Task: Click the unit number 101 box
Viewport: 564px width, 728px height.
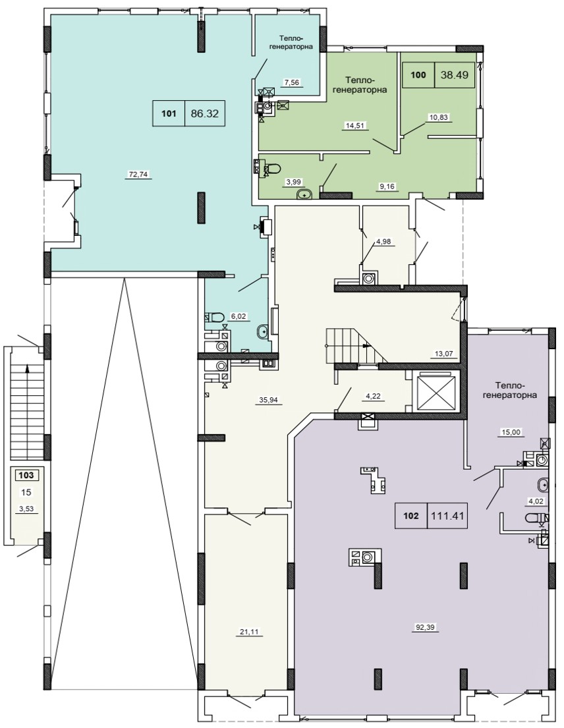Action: click(x=169, y=113)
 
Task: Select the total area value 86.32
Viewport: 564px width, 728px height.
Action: click(x=205, y=113)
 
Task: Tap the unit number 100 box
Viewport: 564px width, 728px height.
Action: click(x=418, y=74)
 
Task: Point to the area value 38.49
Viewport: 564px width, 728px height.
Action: click(x=455, y=74)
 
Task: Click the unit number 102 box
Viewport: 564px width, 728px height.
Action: click(x=411, y=515)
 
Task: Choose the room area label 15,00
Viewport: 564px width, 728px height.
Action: click(x=511, y=432)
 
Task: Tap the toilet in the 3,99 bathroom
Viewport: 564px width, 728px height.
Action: click(x=275, y=167)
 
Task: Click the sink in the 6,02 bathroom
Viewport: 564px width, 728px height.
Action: click(x=263, y=331)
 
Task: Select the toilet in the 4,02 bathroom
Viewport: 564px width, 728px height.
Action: click(x=533, y=517)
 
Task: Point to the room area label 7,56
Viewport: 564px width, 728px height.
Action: click(x=292, y=82)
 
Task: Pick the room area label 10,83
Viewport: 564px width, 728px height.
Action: click(x=439, y=117)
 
